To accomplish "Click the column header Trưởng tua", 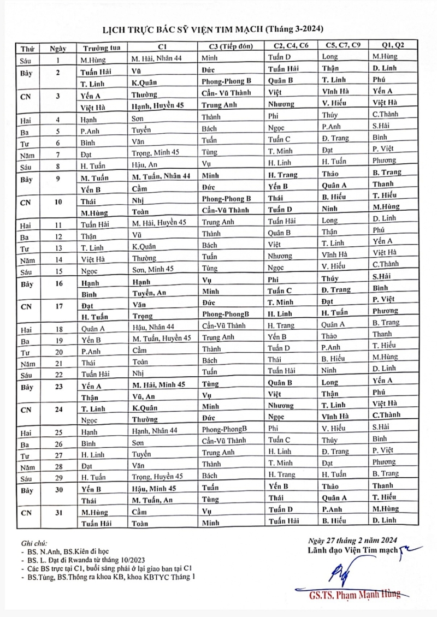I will tap(98, 47).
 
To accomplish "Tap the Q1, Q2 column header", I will tap(385, 46).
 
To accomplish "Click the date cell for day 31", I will tap(58, 512).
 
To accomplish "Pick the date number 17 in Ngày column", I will tap(58, 306).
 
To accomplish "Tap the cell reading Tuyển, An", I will tap(149, 292).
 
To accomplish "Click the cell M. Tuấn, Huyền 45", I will tap(162, 338).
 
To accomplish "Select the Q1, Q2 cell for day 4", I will tap(385, 116).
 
